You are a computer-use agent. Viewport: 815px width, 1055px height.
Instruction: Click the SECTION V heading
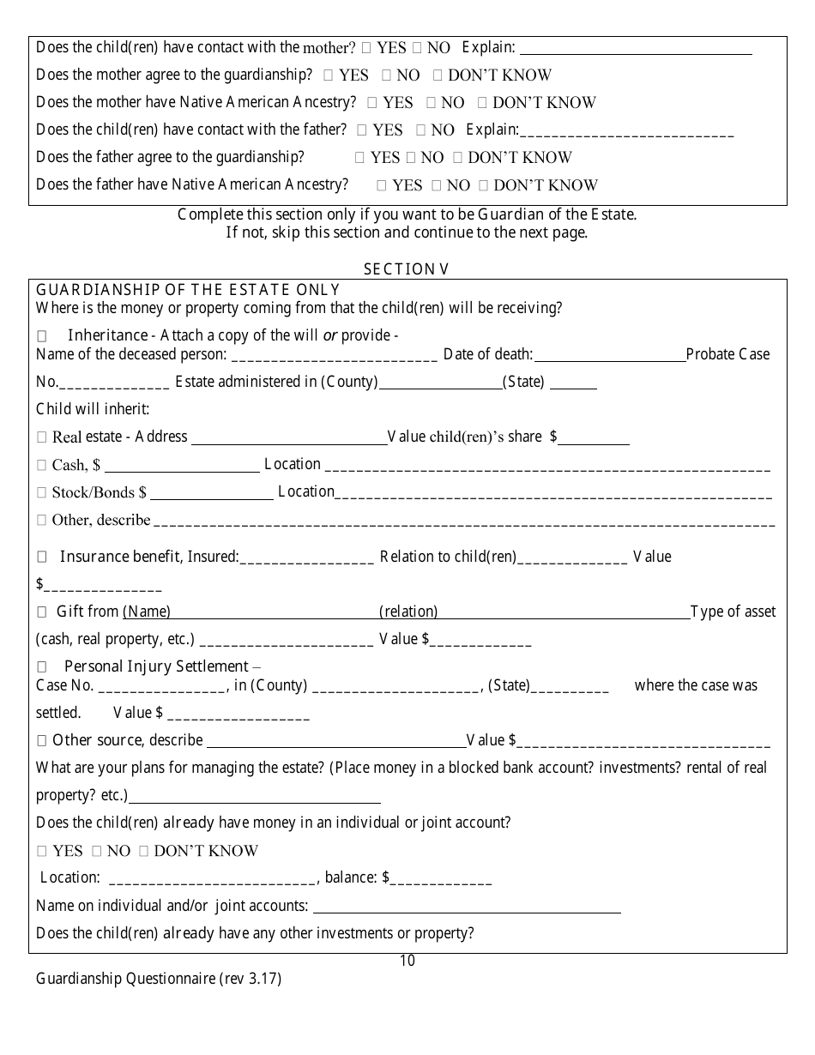pos(407,269)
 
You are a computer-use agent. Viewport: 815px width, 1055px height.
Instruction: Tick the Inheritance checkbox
pos(42,336)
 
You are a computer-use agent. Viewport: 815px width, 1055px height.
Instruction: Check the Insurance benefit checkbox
pos(42,558)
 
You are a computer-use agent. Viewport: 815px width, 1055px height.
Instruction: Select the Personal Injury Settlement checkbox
pos(42,667)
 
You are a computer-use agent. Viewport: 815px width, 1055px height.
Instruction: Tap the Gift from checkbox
pos(42,612)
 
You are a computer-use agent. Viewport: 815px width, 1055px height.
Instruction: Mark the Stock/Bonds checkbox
pos(42,493)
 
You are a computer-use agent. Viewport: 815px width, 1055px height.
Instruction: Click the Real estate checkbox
pos(42,437)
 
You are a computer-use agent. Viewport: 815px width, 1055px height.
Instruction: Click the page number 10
pos(407,961)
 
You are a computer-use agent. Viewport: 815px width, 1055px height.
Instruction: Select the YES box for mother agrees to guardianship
pos(329,75)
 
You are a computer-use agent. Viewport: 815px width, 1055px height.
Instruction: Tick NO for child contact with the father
pos(420,130)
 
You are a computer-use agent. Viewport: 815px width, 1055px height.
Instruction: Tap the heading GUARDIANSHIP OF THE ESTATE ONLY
pos(188,290)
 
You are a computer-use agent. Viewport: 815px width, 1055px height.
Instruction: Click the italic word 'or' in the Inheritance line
pos(329,335)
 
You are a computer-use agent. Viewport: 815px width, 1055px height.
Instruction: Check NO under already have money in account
pos(97,852)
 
